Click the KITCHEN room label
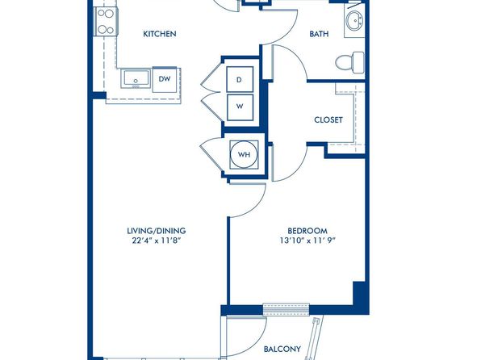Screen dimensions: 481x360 pos(160,34)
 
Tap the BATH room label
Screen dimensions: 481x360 pos(319,34)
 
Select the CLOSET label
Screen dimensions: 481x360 pos(328,119)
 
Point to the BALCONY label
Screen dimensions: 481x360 pos(282,349)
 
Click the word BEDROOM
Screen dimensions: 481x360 pos(307,231)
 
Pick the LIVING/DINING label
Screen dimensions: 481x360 pos(157,231)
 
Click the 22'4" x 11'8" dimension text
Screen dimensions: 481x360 pos(155,241)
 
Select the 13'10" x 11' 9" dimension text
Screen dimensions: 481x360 pos(307,241)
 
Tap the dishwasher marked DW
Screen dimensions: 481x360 pos(165,79)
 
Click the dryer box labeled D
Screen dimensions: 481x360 pos(240,79)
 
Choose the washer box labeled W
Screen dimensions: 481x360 pos(240,107)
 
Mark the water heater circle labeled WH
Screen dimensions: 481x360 pos(245,154)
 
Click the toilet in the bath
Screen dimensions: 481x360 pos(349,62)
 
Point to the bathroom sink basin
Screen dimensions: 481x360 pos(355,21)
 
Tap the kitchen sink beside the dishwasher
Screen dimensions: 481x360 pos(136,79)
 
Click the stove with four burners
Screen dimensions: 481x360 pos(106,22)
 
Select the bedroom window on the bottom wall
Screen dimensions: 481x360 pos(287,309)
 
